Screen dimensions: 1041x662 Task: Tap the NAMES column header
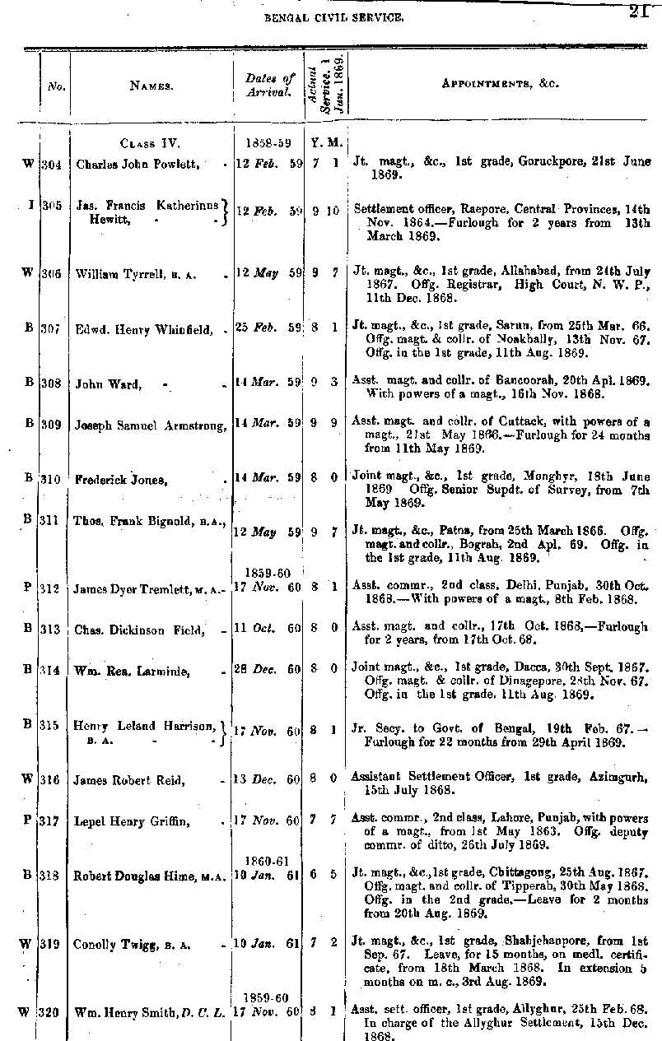pyautogui.click(x=151, y=84)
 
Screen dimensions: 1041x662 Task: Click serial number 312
pyautogui.click(x=53, y=588)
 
